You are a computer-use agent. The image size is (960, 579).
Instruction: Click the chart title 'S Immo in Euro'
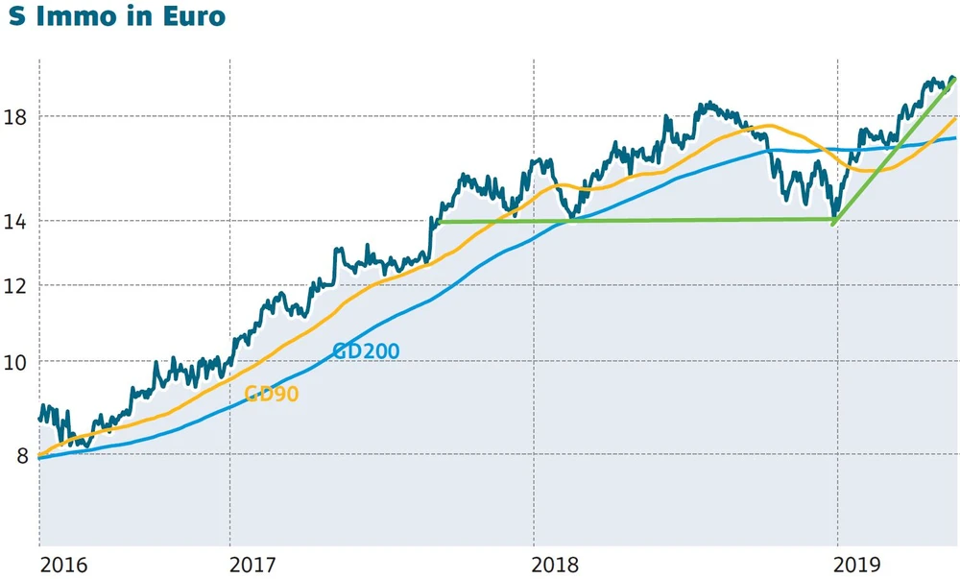[x=117, y=17]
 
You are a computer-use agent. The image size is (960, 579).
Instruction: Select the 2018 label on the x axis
[x=557, y=564]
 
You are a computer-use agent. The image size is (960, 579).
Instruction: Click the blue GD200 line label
[x=366, y=351]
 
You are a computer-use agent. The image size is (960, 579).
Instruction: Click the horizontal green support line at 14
[x=634, y=221]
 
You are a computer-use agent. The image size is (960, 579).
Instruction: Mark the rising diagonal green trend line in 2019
[x=893, y=150]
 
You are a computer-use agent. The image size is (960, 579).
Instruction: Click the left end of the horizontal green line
[x=437, y=223]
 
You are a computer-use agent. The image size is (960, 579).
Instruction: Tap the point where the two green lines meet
[x=832, y=222]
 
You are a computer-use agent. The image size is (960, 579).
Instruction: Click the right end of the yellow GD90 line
[x=955, y=118]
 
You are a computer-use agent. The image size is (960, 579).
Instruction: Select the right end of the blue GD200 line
[x=955, y=138]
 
